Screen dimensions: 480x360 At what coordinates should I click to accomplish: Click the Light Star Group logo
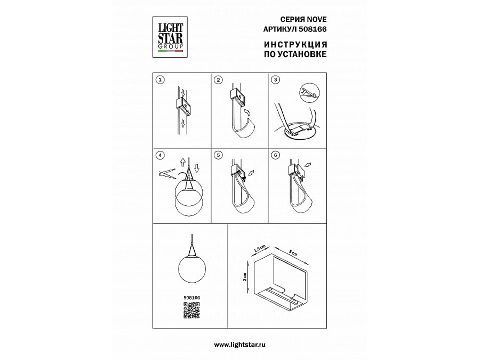pyautogui.click(x=170, y=37)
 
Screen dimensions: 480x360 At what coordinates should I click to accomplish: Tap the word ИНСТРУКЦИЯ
pyautogui.click(x=295, y=44)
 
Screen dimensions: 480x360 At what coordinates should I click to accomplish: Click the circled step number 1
pyautogui.click(x=160, y=80)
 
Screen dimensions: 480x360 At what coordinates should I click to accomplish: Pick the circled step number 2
pyautogui.click(x=218, y=80)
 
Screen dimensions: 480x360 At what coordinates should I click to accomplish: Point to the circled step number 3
pyautogui.click(x=276, y=80)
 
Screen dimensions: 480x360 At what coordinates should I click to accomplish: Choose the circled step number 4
pyautogui.click(x=160, y=155)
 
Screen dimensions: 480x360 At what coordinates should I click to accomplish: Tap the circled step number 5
pyautogui.click(x=218, y=155)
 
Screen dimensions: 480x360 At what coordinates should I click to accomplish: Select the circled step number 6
pyautogui.click(x=276, y=155)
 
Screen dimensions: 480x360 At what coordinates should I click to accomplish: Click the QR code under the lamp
pyautogui.click(x=191, y=310)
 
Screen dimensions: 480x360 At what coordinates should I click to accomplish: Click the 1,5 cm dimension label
pyautogui.click(x=260, y=249)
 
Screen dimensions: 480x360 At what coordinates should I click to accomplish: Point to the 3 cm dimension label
pyautogui.click(x=293, y=253)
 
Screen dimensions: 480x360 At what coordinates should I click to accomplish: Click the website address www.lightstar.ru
pyautogui.click(x=239, y=345)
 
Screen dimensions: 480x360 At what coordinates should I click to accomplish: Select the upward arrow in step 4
pyautogui.click(x=183, y=162)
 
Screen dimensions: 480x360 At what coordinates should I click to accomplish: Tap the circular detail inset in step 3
pyautogui.click(x=309, y=92)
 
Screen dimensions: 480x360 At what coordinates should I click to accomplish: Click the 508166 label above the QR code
pyautogui.click(x=191, y=298)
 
